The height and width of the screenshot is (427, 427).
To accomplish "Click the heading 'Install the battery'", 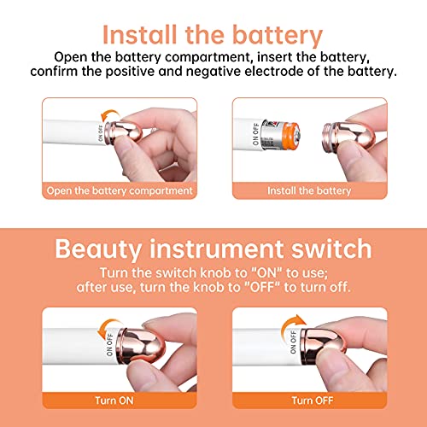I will point(213,35).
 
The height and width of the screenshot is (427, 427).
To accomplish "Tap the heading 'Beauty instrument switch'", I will point(213,249).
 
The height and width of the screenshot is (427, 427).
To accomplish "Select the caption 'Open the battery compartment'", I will point(120,190).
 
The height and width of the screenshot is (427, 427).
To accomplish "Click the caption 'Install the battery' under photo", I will point(309,190).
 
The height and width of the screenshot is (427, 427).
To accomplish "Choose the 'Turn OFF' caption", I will point(313,399).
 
